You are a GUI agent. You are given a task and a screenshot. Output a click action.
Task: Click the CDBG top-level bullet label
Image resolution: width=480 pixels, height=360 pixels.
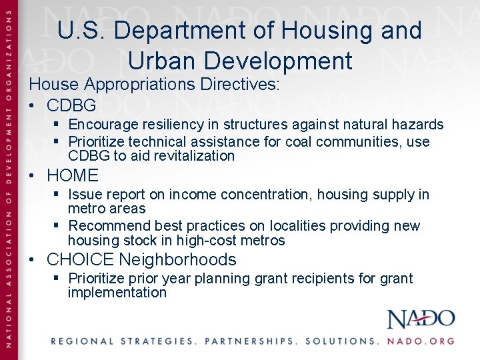tap(71, 105)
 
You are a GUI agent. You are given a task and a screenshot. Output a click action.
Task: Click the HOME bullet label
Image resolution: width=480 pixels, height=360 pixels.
tap(73, 176)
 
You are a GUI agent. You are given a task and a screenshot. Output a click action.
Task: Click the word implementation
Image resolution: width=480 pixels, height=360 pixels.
tap(117, 293)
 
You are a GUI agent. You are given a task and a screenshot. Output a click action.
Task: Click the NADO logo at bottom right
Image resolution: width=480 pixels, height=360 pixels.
tap(421, 319)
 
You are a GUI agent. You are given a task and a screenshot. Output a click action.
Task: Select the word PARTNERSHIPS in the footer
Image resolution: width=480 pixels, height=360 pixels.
tap(250, 341)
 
